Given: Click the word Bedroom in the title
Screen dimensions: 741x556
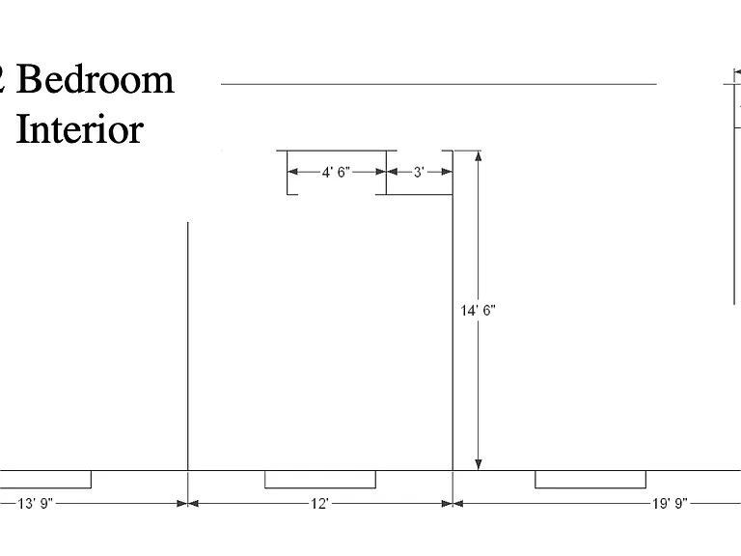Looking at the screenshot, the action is (96, 79).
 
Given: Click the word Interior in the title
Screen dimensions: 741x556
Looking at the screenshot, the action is (80, 128).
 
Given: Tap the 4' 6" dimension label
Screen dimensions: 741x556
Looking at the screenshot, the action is (336, 172).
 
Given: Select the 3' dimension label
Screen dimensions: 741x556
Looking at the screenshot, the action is (419, 172).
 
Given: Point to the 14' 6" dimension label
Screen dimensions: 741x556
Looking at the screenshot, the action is (479, 311).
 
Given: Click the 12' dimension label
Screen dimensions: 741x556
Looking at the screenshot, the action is (319, 504).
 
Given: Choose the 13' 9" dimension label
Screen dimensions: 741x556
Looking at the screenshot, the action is (36, 504).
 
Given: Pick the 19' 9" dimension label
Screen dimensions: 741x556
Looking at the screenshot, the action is (671, 504).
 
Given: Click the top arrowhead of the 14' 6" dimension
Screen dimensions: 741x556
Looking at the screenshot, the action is (479, 156).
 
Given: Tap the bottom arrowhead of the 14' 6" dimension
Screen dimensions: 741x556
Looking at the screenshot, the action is (479, 464).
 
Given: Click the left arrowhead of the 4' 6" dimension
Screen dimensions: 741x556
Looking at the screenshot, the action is (293, 172).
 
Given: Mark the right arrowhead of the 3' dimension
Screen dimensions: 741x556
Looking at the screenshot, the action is (447, 172).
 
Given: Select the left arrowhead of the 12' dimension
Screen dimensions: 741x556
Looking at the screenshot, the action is (193, 504).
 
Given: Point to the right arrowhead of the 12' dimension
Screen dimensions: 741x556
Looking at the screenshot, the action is (447, 504).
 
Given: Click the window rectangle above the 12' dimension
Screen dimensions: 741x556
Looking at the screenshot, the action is (320, 480).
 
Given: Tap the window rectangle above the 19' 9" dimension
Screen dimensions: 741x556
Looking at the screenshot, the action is (590, 480).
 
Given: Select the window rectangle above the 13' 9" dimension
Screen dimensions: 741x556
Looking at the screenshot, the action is (45, 480).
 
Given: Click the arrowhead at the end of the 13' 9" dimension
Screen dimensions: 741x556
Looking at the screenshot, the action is (182, 504).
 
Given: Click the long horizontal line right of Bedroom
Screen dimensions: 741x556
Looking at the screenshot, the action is (439, 84).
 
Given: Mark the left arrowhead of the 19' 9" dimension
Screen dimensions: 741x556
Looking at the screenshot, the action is (458, 504).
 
